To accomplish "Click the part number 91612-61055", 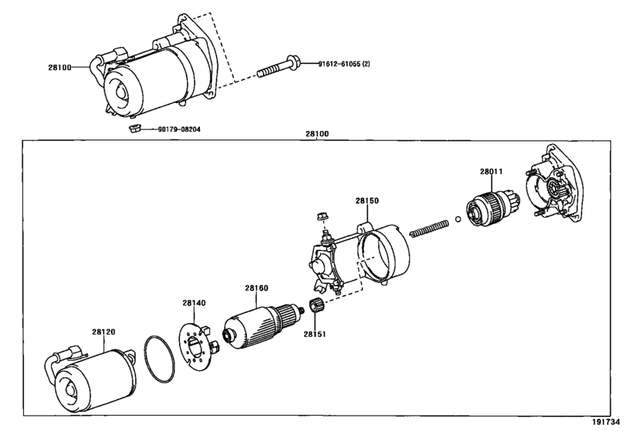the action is click(x=339, y=64).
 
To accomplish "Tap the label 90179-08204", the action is click(x=179, y=129).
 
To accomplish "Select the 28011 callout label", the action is click(x=491, y=172).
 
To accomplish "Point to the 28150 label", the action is click(x=367, y=201).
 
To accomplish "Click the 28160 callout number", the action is click(x=256, y=288).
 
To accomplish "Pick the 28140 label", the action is click(x=194, y=303).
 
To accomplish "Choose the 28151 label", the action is click(x=315, y=334).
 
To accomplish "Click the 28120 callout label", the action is click(x=103, y=332).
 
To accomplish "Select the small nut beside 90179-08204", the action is click(x=134, y=129).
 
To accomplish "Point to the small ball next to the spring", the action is click(x=458, y=219).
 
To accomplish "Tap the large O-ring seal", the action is click(x=159, y=359).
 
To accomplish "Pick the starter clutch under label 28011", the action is click(x=492, y=208).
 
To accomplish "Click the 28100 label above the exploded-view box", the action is click(x=317, y=134).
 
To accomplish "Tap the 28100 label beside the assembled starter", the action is click(x=60, y=68).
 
